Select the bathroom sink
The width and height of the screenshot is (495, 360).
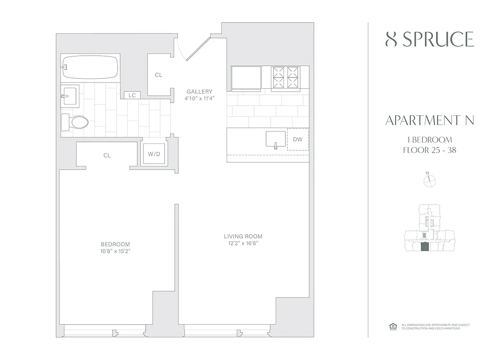(70, 95)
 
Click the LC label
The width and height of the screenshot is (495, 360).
(132, 95)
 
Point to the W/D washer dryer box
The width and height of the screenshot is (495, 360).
(153, 154)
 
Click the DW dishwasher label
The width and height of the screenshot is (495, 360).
(298, 139)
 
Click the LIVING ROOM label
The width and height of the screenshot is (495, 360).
(243, 236)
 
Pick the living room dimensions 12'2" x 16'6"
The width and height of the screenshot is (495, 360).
(243, 243)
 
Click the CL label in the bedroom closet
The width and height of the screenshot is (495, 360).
(107, 155)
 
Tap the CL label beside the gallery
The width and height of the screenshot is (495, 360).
(158, 75)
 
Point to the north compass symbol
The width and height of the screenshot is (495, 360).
(430, 180)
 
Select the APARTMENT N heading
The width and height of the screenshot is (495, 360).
(430, 120)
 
